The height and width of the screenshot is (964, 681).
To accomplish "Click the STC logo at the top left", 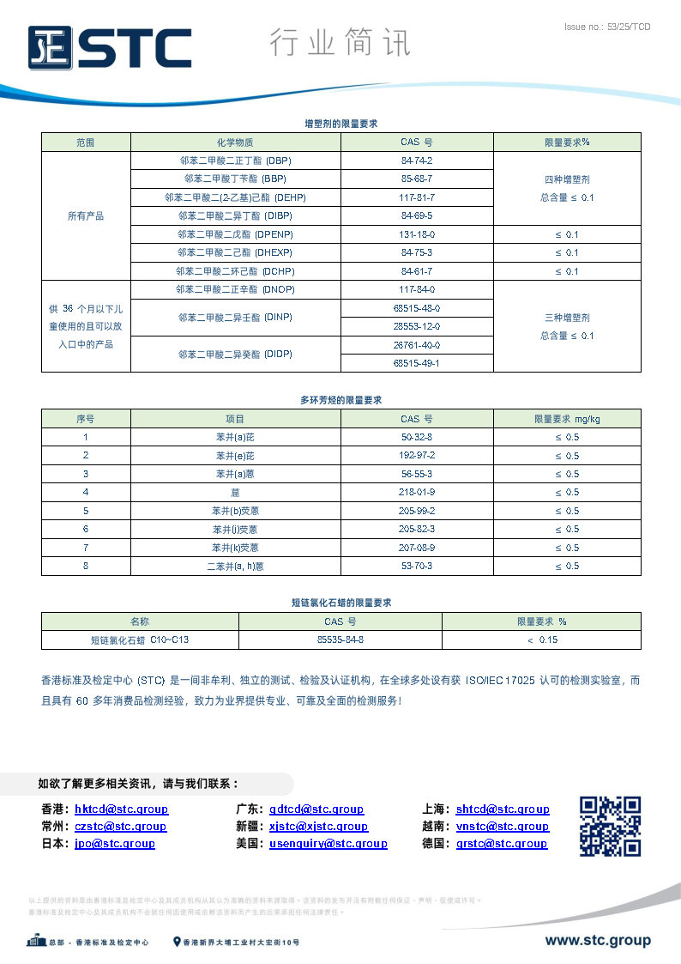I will [x=109, y=47].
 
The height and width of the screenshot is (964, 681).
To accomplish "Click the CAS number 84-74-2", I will [x=417, y=161].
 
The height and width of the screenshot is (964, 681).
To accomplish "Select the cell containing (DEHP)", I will [x=235, y=197].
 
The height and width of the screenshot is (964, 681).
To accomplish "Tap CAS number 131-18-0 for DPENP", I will [x=417, y=234].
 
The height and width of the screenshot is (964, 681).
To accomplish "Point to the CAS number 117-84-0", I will [x=417, y=289].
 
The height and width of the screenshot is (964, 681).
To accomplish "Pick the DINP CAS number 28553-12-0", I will [x=417, y=326].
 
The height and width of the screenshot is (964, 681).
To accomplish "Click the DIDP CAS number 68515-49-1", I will [x=417, y=363].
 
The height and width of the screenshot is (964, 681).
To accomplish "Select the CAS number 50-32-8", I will [x=417, y=437].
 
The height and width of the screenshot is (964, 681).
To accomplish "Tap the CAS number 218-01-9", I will [x=417, y=492].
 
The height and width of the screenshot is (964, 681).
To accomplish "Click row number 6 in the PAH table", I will [x=86, y=529].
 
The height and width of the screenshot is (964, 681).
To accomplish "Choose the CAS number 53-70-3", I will [x=417, y=566].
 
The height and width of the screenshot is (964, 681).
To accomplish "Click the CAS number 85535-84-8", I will [x=340, y=640].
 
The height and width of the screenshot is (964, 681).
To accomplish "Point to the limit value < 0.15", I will [x=542, y=640].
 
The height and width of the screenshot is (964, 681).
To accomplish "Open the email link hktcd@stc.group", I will [x=121, y=809].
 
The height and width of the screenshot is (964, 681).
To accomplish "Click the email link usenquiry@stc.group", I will [x=328, y=843].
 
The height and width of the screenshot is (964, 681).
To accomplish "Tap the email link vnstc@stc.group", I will [x=503, y=826].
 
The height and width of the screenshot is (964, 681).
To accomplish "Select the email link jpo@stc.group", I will [x=115, y=843].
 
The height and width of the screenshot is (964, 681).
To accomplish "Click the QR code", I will [x=611, y=826].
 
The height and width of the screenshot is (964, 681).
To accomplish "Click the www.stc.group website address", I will [x=598, y=941].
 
